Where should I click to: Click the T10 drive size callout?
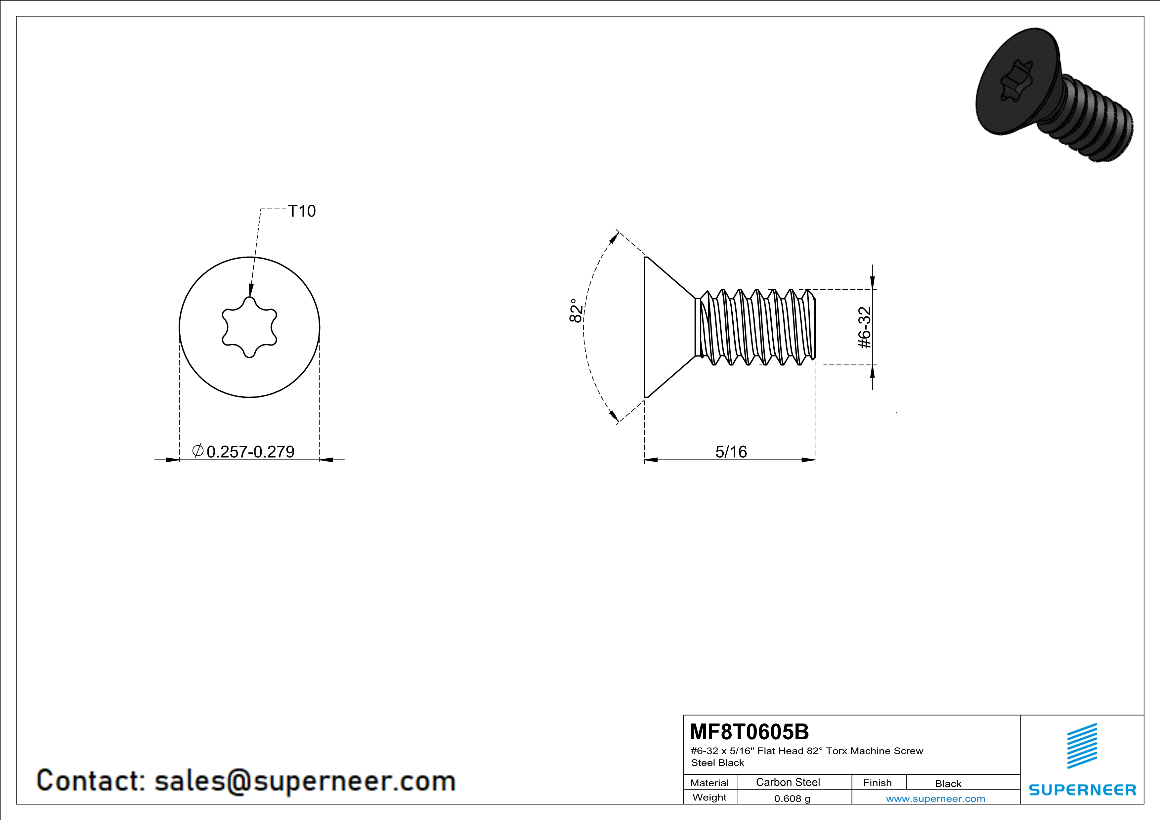point(302,211)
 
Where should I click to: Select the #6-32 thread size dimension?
point(865,327)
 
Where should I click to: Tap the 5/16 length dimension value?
point(731,451)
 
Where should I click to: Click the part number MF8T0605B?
point(749,732)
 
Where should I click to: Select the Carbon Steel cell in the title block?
point(788,782)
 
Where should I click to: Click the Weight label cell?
point(709,797)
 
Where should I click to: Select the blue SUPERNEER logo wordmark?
point(1082,790)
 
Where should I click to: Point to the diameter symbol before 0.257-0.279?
point(198,450)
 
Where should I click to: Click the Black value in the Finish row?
point(948,784)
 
